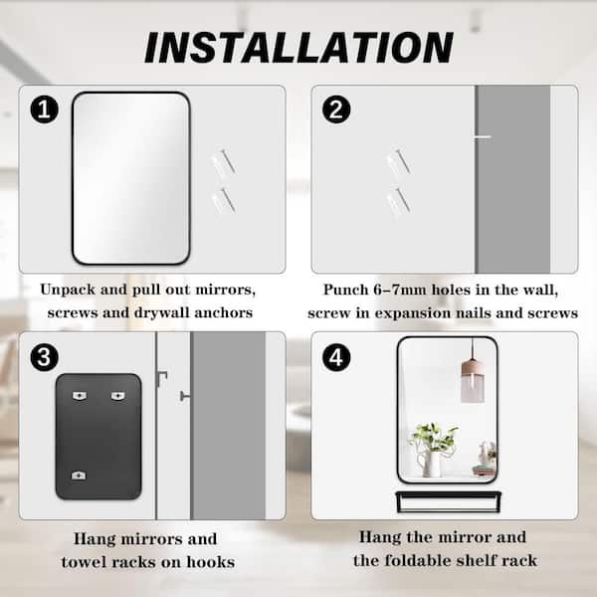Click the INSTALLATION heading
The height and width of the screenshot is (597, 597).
(298, 47)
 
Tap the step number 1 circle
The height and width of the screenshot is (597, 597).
(44, 109)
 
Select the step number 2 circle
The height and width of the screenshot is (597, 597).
(336, 109)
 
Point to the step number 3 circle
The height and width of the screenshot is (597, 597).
(44, 357)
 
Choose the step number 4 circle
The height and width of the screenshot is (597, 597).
(336, 357)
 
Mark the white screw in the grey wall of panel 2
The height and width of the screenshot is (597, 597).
(483, 136)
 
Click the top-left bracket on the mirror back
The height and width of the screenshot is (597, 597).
(80, 396)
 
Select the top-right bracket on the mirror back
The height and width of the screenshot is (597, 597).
(118, 396)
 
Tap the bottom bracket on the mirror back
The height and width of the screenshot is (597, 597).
(79, 476)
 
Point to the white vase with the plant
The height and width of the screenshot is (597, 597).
(433, 463)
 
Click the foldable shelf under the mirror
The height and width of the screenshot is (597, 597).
(448, 501)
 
